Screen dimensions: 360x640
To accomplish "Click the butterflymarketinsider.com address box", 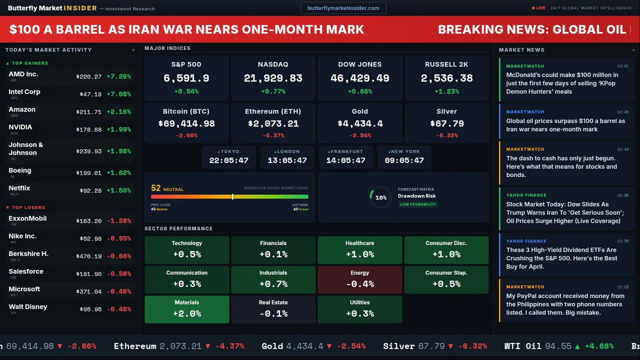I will point(343,8).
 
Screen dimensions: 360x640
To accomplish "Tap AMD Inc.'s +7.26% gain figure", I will point(118,76).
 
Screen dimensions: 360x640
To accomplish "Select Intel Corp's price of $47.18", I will point(90,94).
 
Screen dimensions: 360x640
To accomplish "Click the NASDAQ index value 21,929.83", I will point(273,78).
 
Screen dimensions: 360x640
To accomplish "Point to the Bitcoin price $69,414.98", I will point(186,123).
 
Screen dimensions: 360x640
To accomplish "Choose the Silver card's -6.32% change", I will point(446,135).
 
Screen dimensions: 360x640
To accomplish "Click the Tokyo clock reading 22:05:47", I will point(228,160).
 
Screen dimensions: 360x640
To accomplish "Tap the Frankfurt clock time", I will point(345,160).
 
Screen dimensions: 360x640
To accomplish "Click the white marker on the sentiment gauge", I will point(232,196).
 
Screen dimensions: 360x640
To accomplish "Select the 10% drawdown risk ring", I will point(380,197).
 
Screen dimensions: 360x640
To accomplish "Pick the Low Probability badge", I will point(417,204).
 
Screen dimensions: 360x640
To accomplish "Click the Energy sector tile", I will point(359,279).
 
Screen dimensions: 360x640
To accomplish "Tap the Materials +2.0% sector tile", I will point(187,309).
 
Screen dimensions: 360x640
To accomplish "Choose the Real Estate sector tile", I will point(273,309).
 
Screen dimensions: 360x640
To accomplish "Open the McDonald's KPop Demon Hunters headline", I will point(562,83).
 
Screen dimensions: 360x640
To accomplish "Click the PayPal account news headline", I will point(565,304).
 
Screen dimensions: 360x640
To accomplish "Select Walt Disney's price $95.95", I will point(90,309).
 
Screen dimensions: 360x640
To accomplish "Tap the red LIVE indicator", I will point(539,8).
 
